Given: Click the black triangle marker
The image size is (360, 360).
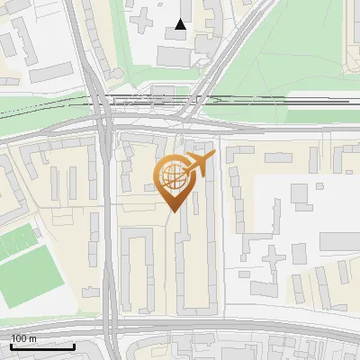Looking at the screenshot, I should click(x=182, y=25).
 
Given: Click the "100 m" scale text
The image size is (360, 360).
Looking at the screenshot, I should click(x=23, y=338).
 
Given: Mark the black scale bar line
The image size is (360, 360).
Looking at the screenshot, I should click(x=40, y=346).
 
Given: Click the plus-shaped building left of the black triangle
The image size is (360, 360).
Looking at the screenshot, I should click(x=144, y=16).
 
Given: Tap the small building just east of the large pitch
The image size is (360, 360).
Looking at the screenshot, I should click(x=90, y=292).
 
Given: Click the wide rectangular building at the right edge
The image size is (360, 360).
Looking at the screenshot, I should click(x=338, y=241).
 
